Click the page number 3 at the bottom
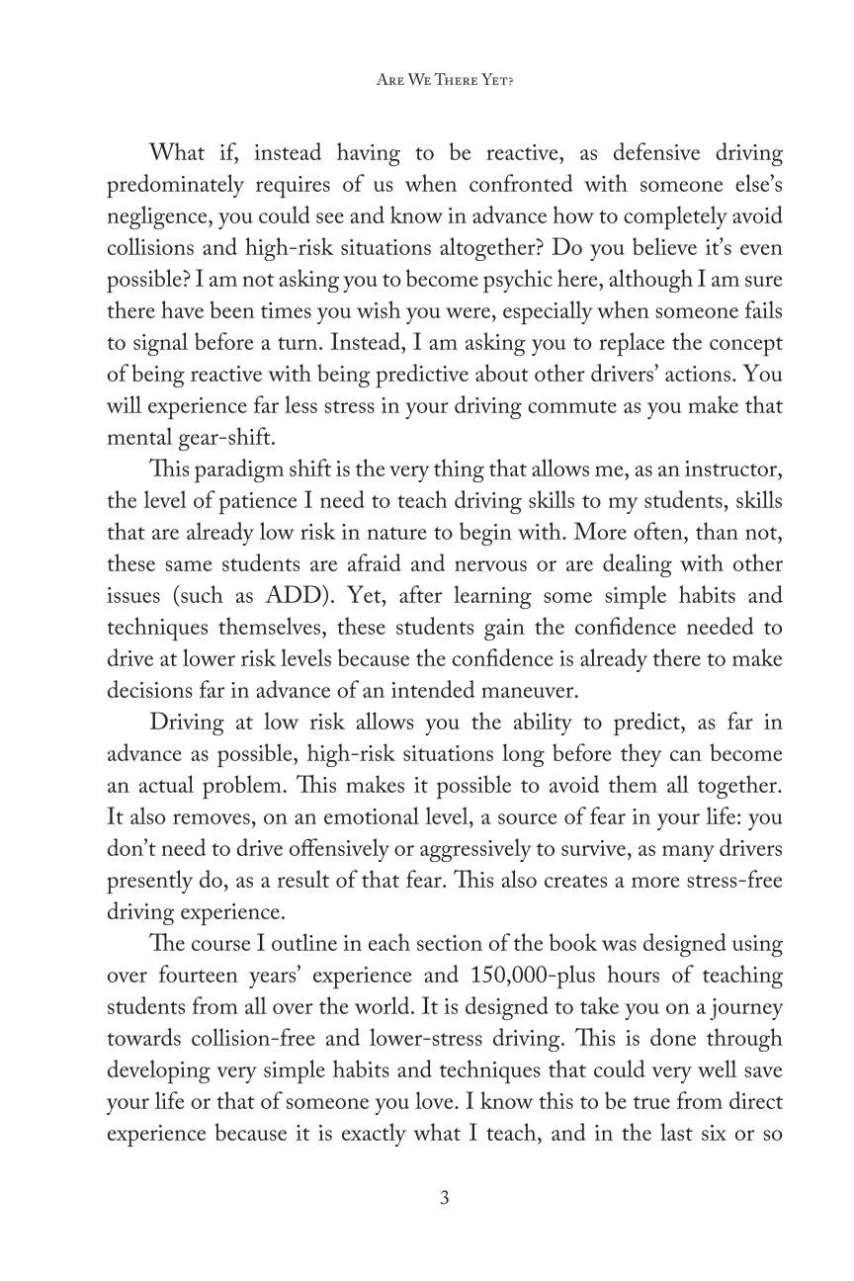point(444,1198)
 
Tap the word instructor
point(730,470)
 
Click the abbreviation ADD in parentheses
point(266,596)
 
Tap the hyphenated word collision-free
point(246,1039)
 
